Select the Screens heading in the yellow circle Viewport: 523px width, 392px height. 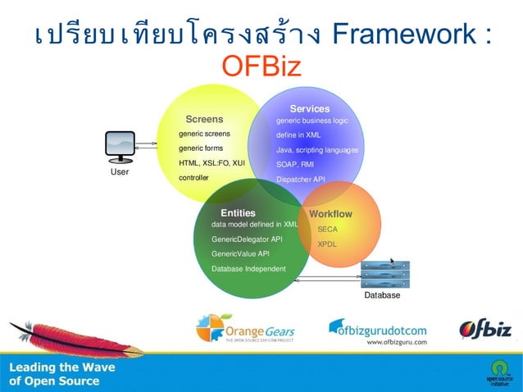(x=204, y=119)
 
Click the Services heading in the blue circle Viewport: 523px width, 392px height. (x=310, y=108)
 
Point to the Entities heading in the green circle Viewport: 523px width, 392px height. (x=238, y=212)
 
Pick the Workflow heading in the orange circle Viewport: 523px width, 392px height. (x=330, y=214)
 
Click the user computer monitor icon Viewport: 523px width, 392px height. (x=120, y=147)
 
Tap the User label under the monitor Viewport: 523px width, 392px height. (x=120, y=172)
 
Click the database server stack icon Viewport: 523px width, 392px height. (x=385, y=274)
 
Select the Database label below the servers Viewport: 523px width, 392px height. (x=382, y=295)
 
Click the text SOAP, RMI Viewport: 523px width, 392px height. (x=295, y=164)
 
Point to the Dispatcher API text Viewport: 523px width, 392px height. (x=301, y=179)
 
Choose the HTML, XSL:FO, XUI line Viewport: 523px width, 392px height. (x=212, y=163)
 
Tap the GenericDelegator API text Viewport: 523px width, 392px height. (x=247, y=239)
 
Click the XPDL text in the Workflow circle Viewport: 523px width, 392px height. (x=327, y=244)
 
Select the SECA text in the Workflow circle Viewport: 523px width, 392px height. (x=327, y=230)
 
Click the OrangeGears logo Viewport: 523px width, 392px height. (x=245, y=329)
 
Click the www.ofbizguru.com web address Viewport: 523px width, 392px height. (x=394, y=343)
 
